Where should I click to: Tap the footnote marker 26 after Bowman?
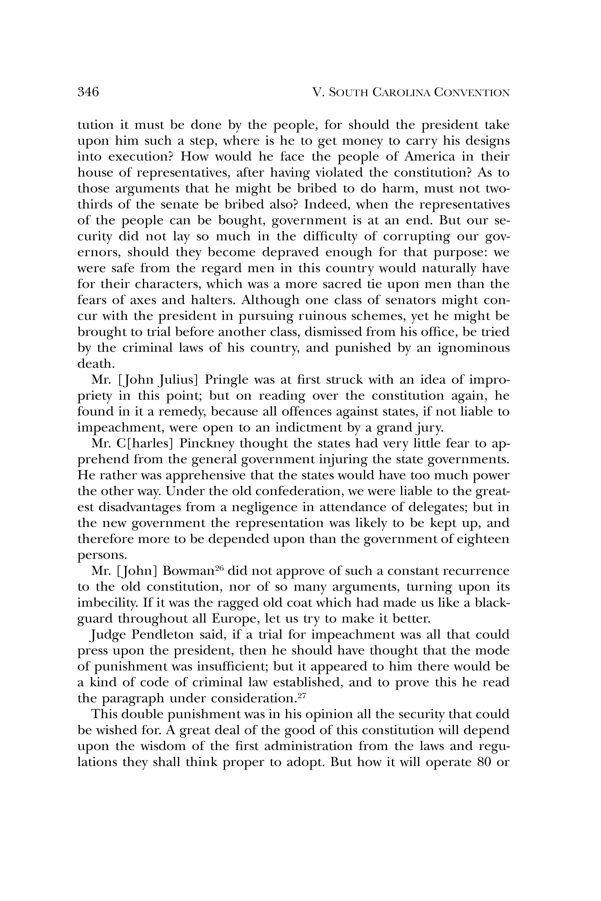point(219,567)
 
